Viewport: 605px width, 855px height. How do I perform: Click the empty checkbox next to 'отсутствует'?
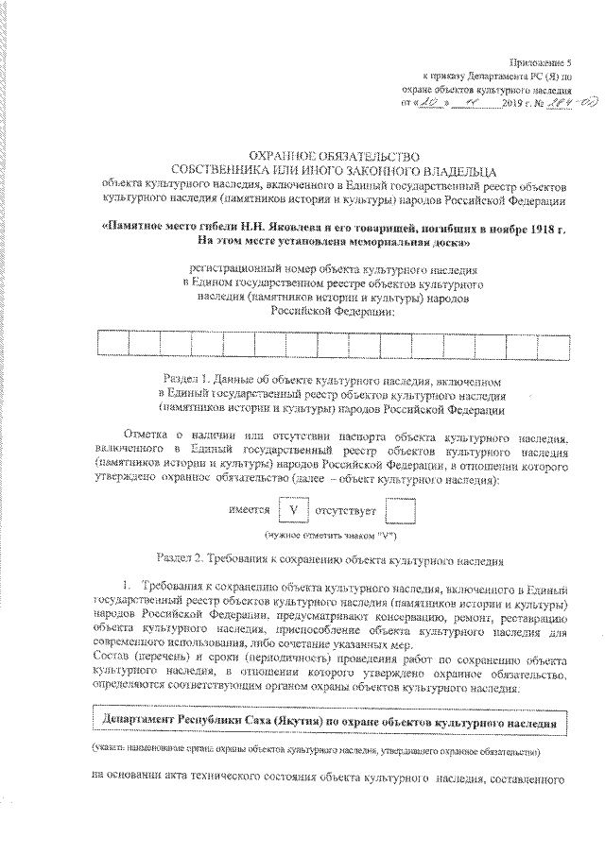[x=402, y=511]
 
